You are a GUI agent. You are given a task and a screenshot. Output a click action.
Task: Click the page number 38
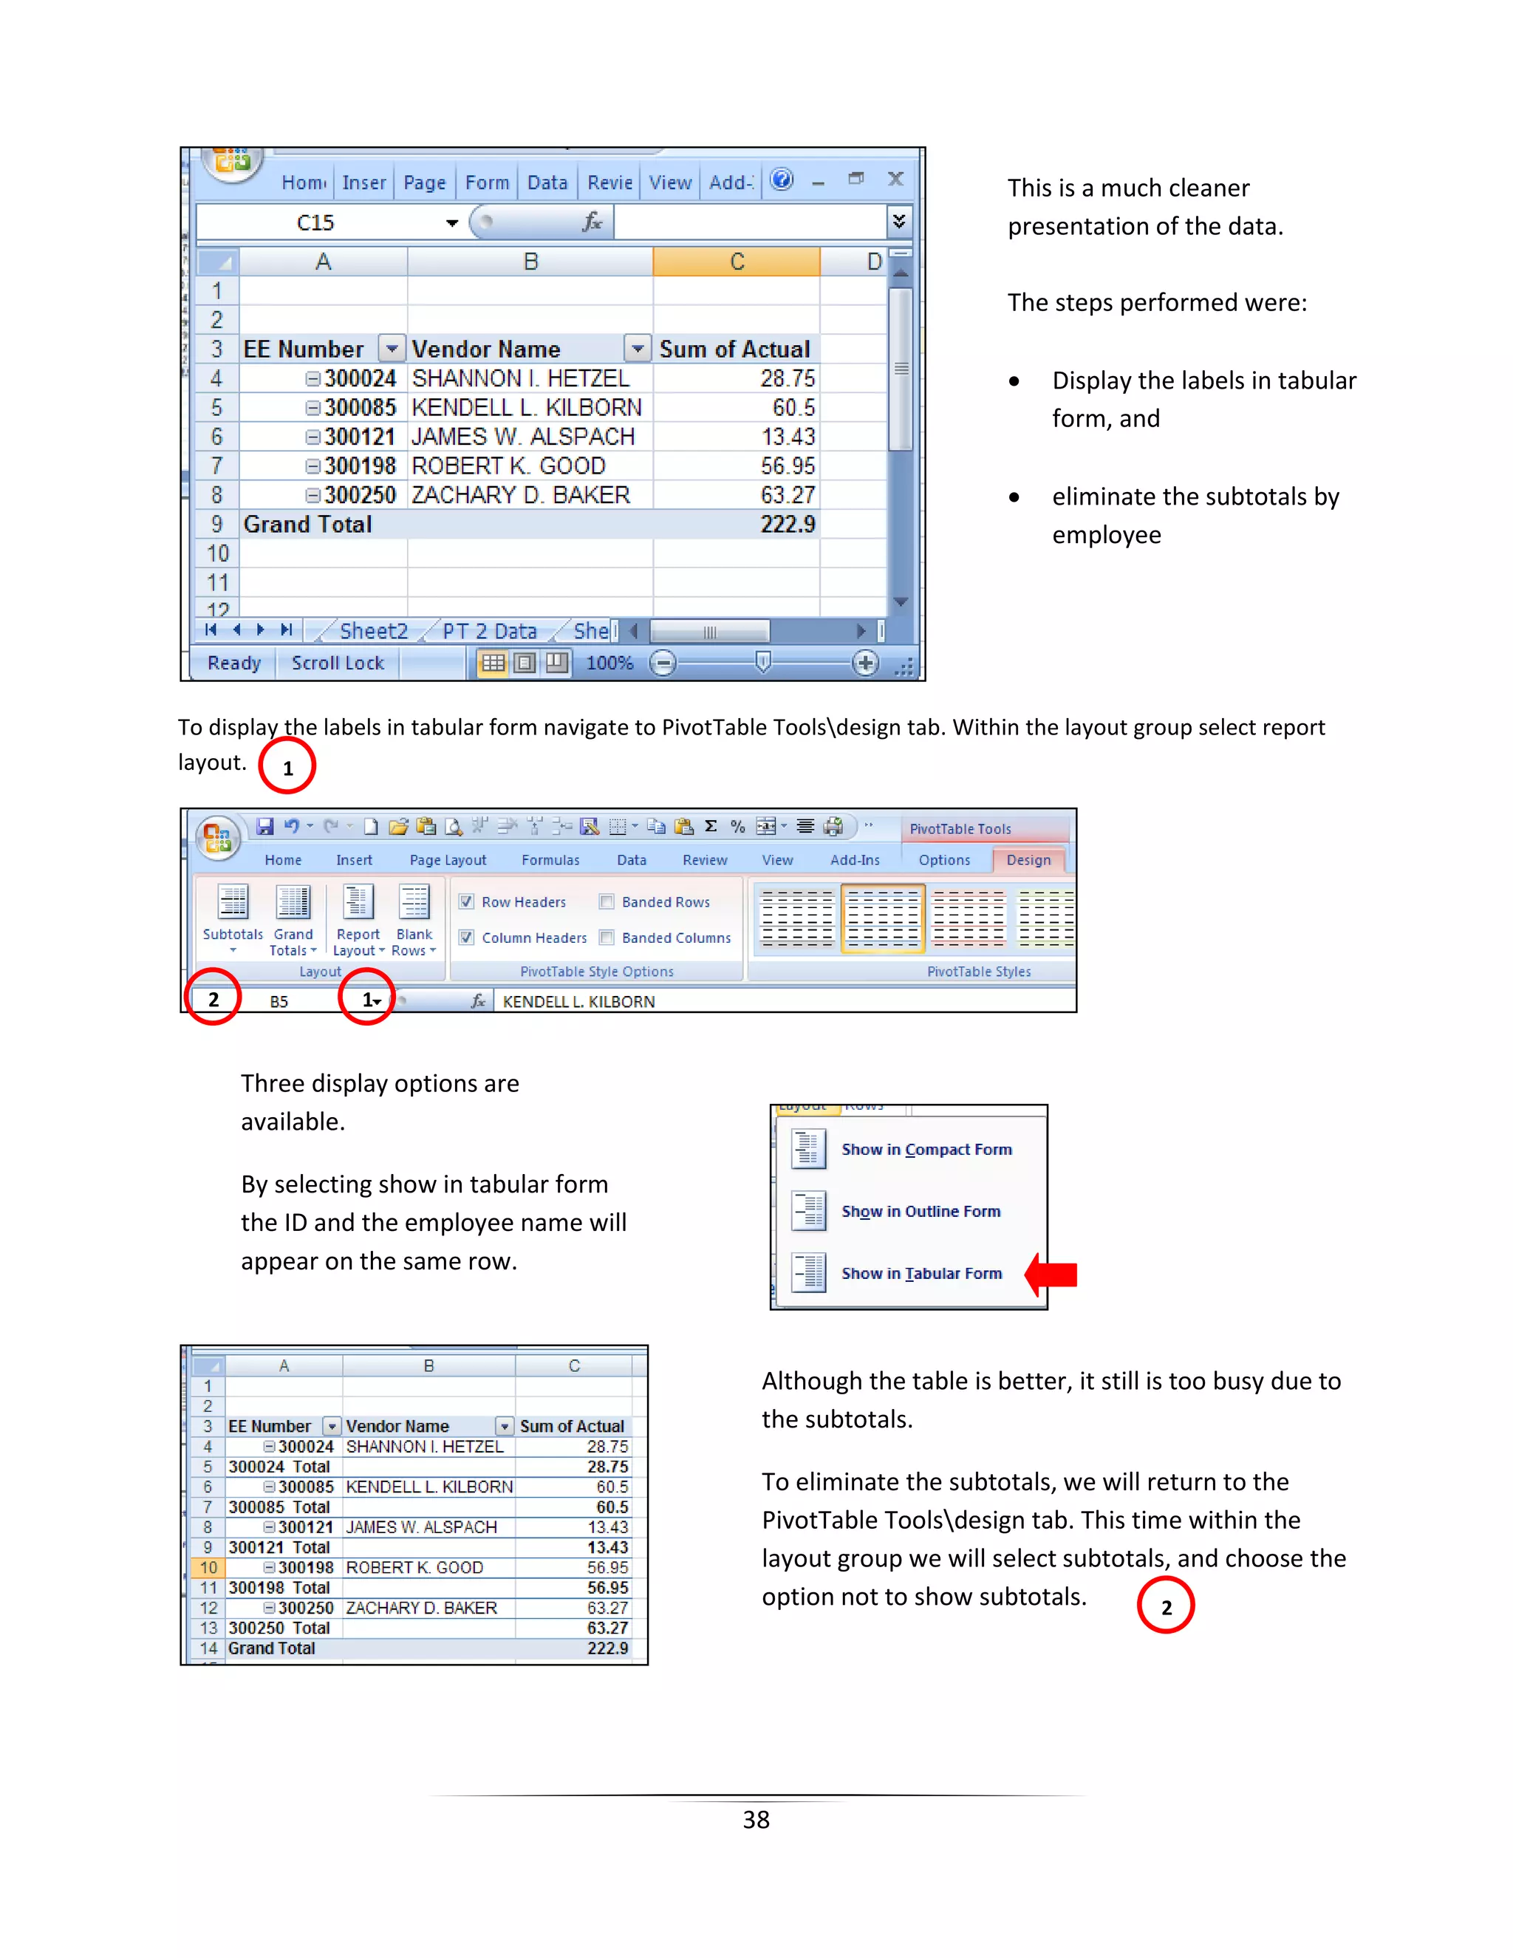[756, 1819]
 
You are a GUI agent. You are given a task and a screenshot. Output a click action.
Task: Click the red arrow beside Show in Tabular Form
[1051, 1274]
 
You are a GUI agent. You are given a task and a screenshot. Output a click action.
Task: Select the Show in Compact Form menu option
[926, 1150]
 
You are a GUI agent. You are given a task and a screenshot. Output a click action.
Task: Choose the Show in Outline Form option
[921, 1211]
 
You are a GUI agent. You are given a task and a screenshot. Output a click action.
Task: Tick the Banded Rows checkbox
[607, 902]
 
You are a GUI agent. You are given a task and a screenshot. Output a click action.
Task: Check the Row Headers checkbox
[467, 902]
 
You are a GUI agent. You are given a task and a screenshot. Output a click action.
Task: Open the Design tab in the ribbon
[1028, 860]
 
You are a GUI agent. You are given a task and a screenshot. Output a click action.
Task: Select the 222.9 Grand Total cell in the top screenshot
[787, 525]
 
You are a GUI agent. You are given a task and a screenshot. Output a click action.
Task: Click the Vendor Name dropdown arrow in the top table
[638, 349]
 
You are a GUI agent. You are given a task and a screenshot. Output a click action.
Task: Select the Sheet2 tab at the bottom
[373, 631]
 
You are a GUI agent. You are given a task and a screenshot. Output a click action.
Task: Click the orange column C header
[736, 262]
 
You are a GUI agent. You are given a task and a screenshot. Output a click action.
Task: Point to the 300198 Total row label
[279, 1588]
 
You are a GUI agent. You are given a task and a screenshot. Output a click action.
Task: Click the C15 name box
[315, 222]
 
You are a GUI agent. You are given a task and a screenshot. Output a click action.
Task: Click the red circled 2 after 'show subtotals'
[1165, 1606]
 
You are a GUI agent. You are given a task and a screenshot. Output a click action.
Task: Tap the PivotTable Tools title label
[960, 829]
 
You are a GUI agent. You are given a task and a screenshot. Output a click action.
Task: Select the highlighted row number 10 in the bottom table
[208, 1568]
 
